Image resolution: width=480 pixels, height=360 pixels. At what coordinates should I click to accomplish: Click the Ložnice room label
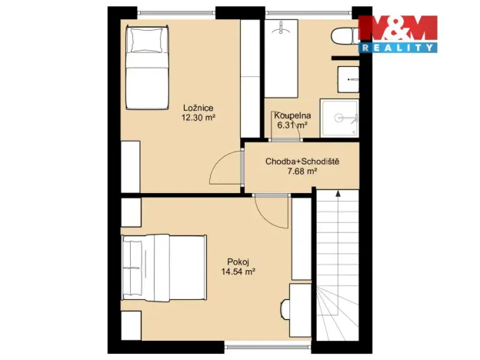(x=198, y=108)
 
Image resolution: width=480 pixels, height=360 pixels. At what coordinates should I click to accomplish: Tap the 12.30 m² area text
(x=198, y=118)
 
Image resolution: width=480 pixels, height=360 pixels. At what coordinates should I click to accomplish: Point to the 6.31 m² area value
(x=292, y=125)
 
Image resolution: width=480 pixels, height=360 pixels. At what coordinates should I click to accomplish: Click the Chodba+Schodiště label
(x=302, y=162)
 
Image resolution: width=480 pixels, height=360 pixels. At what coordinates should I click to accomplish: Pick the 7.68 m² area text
(x=302, y=172)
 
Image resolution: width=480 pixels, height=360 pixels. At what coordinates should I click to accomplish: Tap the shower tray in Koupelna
(x=339, y=118)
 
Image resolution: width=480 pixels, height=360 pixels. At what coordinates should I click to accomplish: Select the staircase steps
(x=338, y=269)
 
